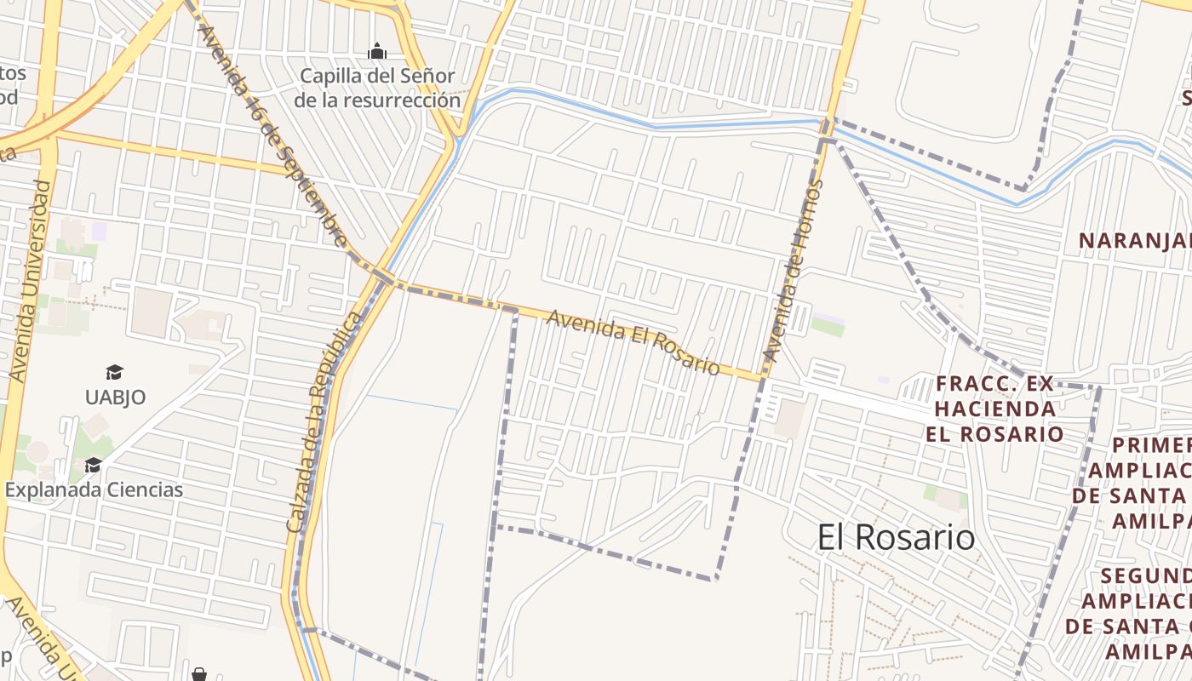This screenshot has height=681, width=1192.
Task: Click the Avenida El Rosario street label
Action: click(x=633, y=342)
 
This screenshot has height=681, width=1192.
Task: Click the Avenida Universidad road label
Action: click(x=28, y=281)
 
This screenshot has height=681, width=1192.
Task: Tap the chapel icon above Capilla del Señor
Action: click(x=376, y=52)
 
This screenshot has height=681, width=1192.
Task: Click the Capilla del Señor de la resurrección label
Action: click(x=377, y=88)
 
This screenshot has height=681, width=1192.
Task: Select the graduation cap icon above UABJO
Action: click(x=114, y=372)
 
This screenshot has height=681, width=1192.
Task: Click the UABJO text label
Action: click(x=115, y=397)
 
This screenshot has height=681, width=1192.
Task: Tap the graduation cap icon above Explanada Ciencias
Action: click(x=93, y=465)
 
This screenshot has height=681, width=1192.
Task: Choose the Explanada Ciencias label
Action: click(x=94, y=490)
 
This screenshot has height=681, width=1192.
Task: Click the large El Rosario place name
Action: click(x=896, y=537)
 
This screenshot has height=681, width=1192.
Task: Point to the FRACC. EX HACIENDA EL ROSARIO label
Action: click(x=994, y=409)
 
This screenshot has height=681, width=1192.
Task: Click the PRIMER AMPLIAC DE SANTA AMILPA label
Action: click(x=1141, y=483)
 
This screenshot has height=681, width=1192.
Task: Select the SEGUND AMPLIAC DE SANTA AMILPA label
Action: click(x=1132, y=613)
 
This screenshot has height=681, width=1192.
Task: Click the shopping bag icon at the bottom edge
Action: click(x=198, y=674)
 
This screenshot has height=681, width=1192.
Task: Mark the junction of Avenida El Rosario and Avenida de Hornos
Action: click(x=763, y=376)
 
